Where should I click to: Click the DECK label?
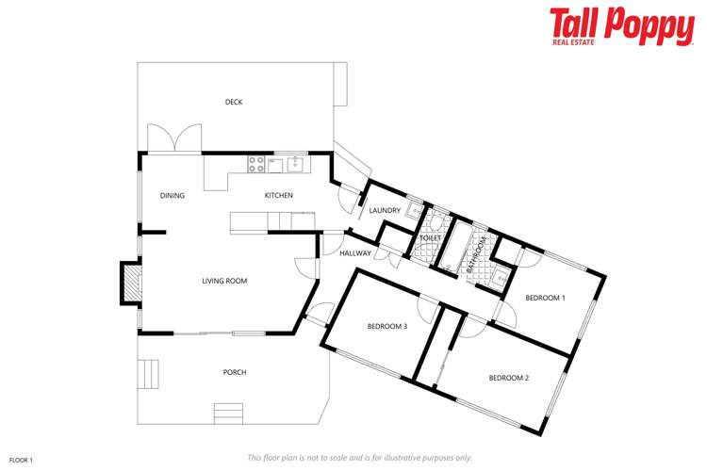click(234, 102)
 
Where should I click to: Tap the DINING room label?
click(172, 196)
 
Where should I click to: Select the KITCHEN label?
click(278, 196)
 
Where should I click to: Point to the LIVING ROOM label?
click(224, 281)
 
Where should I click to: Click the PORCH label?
click(234, 372)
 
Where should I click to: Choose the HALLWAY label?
click(355, 253)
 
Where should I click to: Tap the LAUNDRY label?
click(385, 211)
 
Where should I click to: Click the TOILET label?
click(430, 238)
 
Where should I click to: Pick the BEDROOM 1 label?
click(545, 298)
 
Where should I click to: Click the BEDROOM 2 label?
click(508, 378)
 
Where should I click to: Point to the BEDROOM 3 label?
click(387, 327)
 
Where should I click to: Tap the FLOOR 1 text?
click(21, 460)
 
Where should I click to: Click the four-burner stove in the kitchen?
click(256, 165)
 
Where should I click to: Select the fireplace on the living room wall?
click(129, 282)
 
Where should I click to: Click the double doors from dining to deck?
click(175, 139)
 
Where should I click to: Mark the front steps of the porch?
click(228, 414)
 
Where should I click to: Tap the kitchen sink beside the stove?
click(295, 165)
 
